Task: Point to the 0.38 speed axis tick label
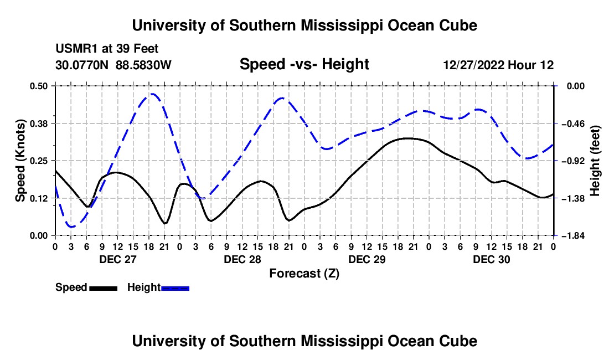coord(38,124)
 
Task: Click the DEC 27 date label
coord(118,259)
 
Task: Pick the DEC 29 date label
coord(367,259)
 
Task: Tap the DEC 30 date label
coord(491,259)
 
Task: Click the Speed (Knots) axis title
coord(20,161)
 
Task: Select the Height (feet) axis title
coord(595,161)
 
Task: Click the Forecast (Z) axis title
coord(304,274)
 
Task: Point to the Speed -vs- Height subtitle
coord(304,64)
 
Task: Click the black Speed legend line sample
coord(104,288)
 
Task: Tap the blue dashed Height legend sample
coord(175,288)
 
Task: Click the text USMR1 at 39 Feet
coord(107,49)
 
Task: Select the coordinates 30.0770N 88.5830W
coord(113,65)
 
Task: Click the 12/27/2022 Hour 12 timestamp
coord(498,65)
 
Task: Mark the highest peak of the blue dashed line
coord(152,94)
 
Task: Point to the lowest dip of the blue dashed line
coord(71,227)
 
